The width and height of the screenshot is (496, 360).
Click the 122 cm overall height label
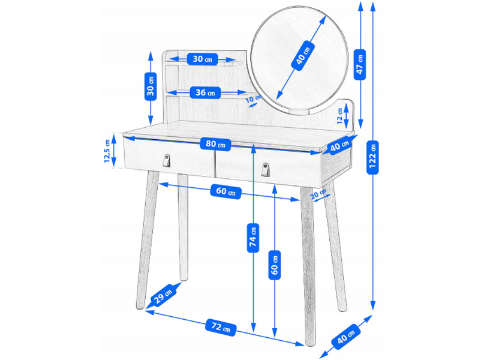(x=372, y=157)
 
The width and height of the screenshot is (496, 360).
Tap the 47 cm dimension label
(x=360, y=65)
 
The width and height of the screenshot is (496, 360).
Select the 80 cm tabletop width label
(x=215, y=144)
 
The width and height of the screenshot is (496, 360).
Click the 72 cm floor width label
(x=221, y=327)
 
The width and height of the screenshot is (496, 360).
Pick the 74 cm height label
(x=253, y=238)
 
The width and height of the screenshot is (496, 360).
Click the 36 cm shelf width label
(x=205, y=92)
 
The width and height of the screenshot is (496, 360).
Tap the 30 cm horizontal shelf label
(x=203, y=59)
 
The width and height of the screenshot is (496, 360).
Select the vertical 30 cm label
(x=151, y=86)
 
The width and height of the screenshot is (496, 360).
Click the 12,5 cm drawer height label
(x=107, y=151)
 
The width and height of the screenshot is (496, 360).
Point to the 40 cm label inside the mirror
(x=303, y=55)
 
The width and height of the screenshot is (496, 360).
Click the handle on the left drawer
(x=166, y=160)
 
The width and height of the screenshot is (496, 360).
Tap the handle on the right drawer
(x=266, y=170)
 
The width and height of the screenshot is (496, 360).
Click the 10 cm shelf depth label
(x=252, y=98)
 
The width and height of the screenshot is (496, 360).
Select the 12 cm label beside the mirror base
(x=340, y=116)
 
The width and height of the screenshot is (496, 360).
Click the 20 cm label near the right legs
(x=318, y=194)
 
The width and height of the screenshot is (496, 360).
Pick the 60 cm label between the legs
(x=226, y=191)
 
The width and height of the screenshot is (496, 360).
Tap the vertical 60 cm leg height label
(x=275, y=265)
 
